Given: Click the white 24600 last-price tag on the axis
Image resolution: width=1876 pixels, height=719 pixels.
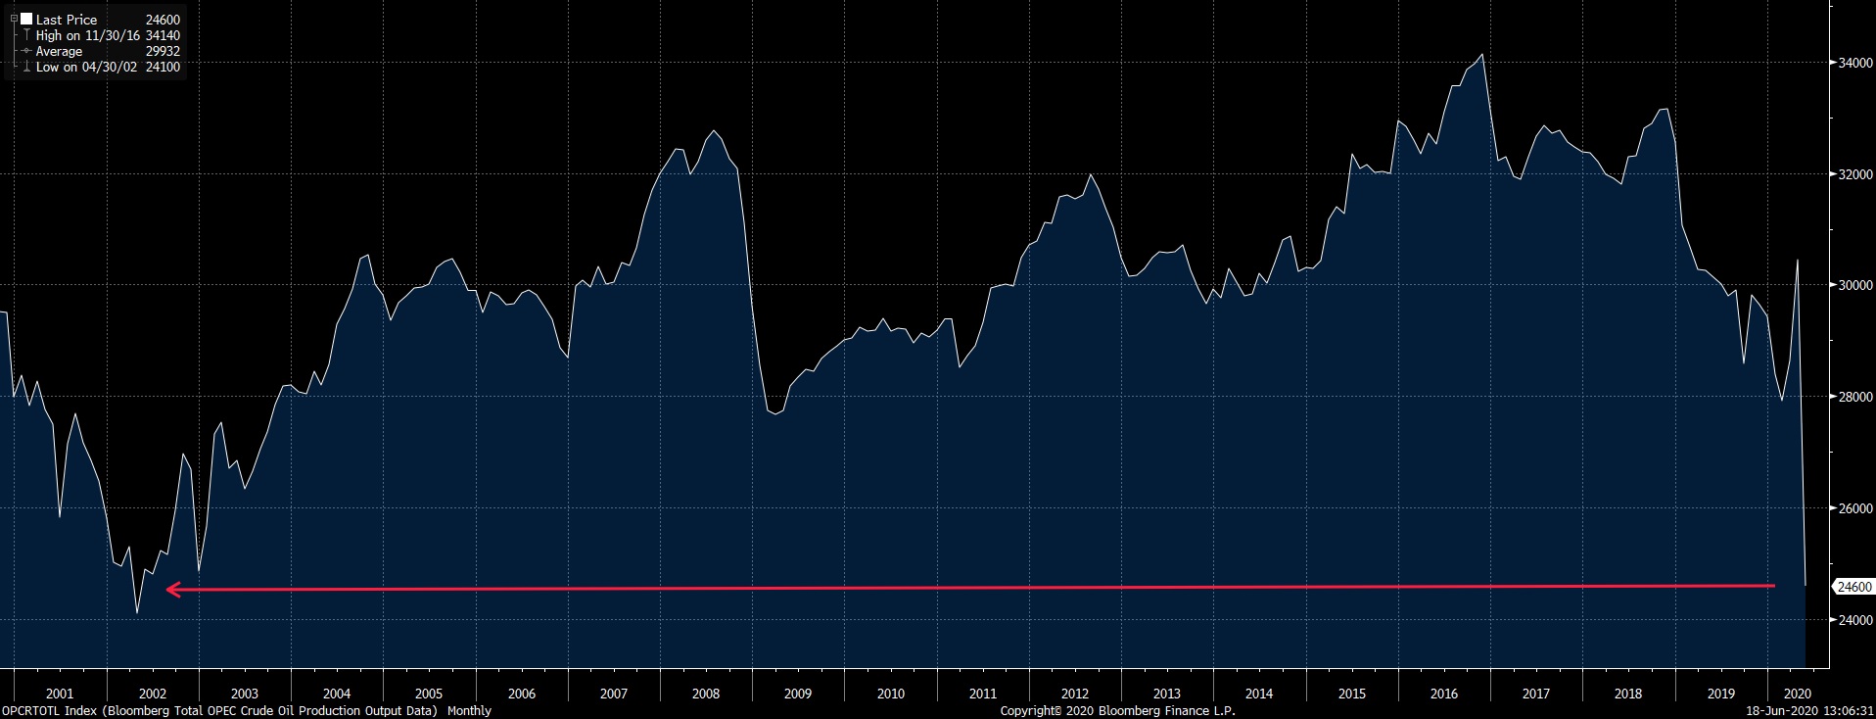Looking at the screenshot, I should [x=1854, y=587].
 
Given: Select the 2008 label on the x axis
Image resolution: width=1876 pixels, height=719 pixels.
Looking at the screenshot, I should [x=705, y=694].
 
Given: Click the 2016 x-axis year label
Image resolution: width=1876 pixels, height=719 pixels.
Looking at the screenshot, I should [x=1443, y=694].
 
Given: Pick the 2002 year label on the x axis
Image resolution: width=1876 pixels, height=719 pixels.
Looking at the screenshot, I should [x=152, y=694].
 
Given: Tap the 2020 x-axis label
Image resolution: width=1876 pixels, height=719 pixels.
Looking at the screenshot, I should [x=1798, y=694].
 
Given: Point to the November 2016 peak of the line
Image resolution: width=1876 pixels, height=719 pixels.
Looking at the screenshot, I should [x=1482, y=55].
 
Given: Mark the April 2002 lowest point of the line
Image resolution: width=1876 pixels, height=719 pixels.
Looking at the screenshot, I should [x=137, y=613].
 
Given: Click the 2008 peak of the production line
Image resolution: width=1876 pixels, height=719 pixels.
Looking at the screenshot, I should [x=714, y=131].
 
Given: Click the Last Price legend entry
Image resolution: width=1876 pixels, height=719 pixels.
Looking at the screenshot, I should [x=66, y=20].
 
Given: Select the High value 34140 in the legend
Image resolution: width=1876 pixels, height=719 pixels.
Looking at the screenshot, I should [x=163, y=35].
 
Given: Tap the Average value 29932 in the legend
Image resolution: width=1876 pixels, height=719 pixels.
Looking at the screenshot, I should [x=163, y=51].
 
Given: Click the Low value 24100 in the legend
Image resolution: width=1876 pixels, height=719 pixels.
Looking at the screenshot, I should [x=163, y=67].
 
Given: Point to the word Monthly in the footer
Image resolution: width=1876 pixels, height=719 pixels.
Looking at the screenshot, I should [x=469, y=710].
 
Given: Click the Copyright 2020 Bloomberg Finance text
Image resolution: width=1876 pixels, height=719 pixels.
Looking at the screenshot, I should [x=1117, y=710].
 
